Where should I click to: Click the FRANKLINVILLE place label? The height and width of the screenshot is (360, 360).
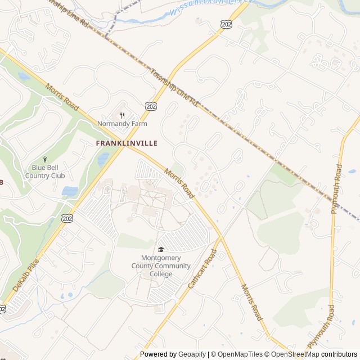point(127,143)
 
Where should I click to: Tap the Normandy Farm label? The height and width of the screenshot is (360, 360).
point(122,123)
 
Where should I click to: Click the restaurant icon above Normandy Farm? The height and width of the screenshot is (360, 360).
point(122,115)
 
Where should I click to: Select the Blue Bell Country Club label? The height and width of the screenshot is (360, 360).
point(45,172)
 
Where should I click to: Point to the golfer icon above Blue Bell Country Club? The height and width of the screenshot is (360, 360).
point(45,160)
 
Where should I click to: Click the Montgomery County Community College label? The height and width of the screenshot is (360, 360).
point(161,266)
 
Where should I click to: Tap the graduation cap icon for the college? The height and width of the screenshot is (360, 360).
point(161,250)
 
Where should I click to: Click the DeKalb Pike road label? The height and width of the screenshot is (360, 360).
point(21,279)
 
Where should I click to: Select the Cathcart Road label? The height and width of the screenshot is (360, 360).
point(202,270)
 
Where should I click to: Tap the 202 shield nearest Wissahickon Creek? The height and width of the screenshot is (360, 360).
point(227,24)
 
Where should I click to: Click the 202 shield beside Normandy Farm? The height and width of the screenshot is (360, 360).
point(151,106)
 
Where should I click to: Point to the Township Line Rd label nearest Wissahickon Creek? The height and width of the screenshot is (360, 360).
point(69,14)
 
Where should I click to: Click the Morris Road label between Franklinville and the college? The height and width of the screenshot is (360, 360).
point(179,183)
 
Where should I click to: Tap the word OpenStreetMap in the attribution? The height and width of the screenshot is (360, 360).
point(296,354)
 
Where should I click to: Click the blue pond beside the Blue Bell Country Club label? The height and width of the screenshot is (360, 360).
point(70,191)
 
